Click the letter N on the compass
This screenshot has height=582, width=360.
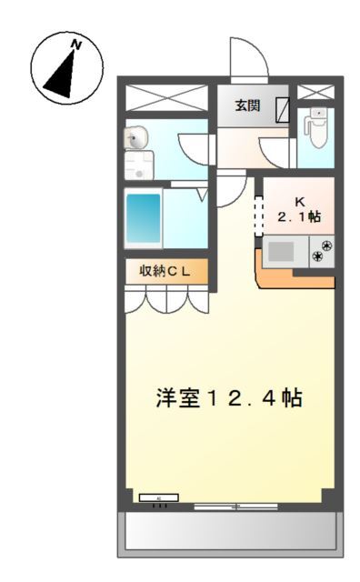click(76, 45)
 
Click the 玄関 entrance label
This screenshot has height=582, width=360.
click(247, 105)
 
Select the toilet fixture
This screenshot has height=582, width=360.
click(315, 127)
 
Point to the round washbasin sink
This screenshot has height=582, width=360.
click(135, 138)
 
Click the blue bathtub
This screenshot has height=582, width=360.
click(144, 218)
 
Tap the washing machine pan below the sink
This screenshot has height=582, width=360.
click(139, 166)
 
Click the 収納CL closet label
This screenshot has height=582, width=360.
click(165, 271)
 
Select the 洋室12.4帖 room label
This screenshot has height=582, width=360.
click(229, 398)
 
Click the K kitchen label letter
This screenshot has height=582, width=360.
click(299, 202)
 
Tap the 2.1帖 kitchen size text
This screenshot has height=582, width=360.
click(299, 216)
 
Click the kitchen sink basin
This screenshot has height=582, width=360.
click(281, 252)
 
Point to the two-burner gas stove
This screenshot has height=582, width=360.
click(322, 251)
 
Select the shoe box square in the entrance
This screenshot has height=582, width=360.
click(283, 110)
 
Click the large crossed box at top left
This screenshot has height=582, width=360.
click(166, 97)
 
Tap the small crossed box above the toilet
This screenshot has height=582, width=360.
click(315, 92)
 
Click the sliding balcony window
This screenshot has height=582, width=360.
click(236, 507)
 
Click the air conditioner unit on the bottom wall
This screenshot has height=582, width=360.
click(159, 497)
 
